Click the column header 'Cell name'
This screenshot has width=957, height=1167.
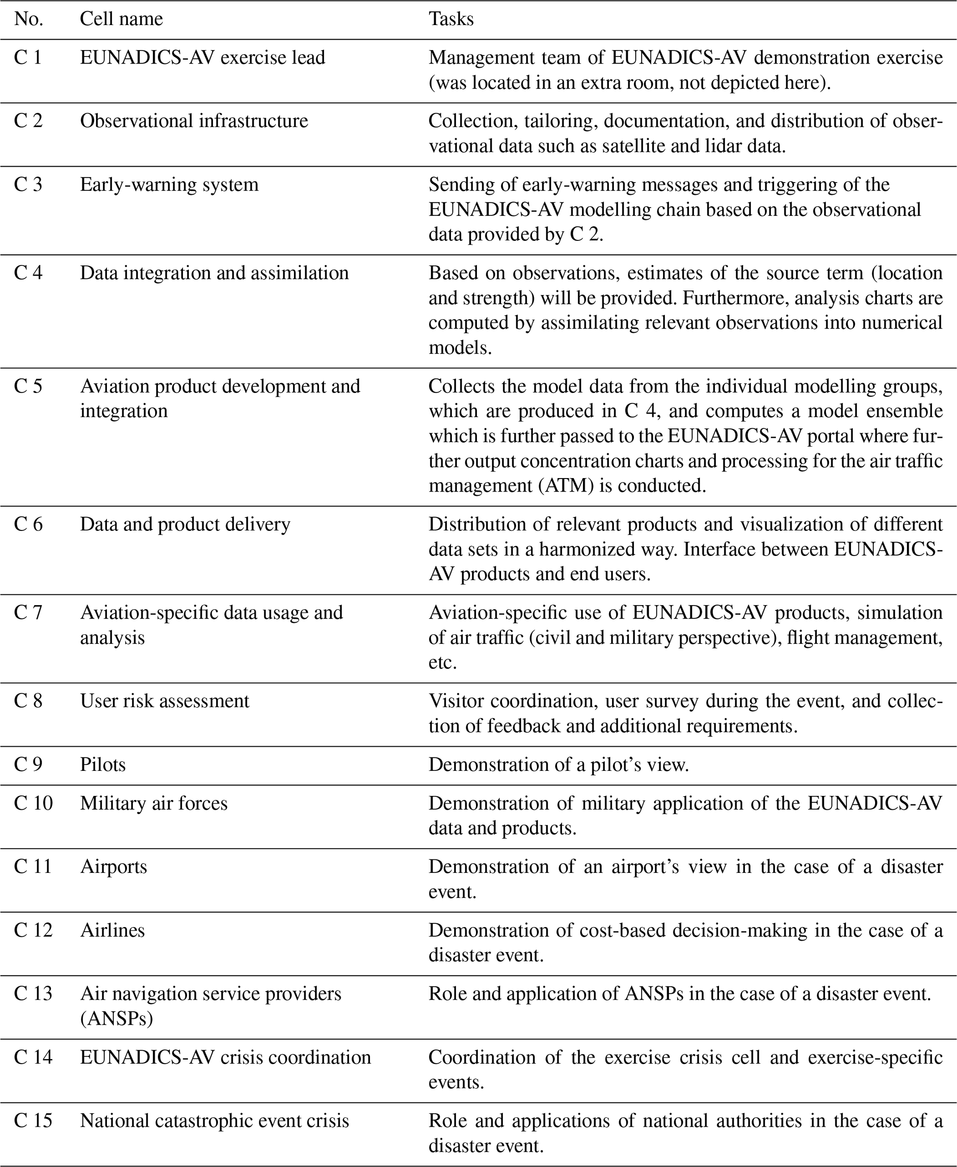pyautogui.click(x=121, y=19)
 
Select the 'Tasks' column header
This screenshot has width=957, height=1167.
pyautogui.click(x=451, y=19)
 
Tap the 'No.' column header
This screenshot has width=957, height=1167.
pyautogui.click(x=29, y=19)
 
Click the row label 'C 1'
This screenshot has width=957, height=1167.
pyautogui.click(x=28, y=58)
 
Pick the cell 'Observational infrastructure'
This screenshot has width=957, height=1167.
pyautogui.click(x=194, y=121)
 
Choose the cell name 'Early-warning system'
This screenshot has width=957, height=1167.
pyautogui.click(x=169, y=185)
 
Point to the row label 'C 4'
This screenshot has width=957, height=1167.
pyautogui.click(x=28, y=273)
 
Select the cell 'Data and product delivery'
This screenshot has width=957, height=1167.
pyautogui.click(x=185, y=524)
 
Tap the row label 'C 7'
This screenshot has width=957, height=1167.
pyautogui.click(x=28, y=613)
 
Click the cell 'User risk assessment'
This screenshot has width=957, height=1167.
pyautogui.click(x=165, y=701)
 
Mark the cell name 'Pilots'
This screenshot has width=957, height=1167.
pyautogui.click(x=103, y=765)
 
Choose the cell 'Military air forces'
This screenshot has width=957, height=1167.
pyautogui.click(x=154, y=803)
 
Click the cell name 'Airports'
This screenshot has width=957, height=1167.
pyautogui.click(x=113, y=867)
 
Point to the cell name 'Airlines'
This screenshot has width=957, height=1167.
pyautogui.click(x=113, y=930)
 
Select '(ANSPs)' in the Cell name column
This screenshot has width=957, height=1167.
pyautogui.click(x=116, y=1019)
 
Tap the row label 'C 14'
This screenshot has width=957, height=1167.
pyautogui.click(x=33, y=1057)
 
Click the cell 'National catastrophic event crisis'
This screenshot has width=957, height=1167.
pyautogui.click(x=214, y=1121)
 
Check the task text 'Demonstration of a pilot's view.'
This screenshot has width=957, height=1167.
pyautogui.click(x=559, y=765)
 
